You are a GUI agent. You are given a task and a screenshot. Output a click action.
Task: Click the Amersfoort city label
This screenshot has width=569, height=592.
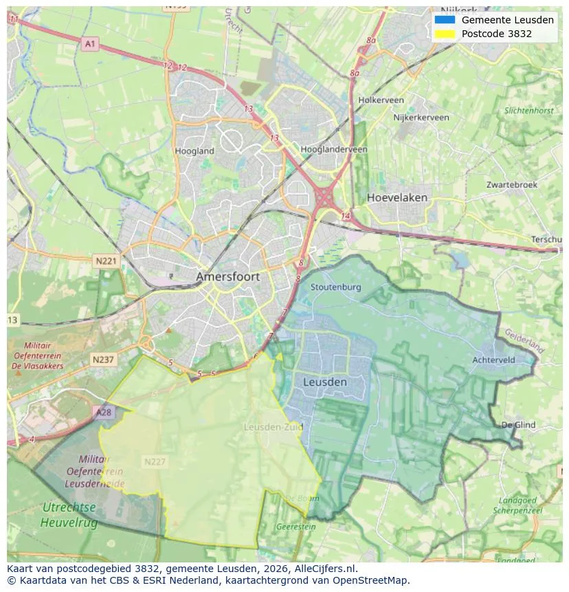point(227,276)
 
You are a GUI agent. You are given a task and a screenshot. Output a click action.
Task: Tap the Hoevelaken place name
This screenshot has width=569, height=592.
point(397,197)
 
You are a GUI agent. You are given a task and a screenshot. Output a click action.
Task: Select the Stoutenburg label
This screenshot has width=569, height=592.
point(335,287)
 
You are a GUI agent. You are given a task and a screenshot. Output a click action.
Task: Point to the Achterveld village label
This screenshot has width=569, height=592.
point(493,360)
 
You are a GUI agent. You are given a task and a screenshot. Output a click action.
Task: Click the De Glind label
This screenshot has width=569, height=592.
point(518,425)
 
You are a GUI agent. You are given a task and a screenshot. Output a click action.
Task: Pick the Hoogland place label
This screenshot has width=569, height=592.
point(194,151)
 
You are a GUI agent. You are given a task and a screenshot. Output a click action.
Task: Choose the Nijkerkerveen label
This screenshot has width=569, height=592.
point(421,118)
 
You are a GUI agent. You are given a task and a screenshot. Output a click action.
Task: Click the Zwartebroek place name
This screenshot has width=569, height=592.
point(512,185)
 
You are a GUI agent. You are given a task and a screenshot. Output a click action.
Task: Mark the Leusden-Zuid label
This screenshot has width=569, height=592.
point(273,427)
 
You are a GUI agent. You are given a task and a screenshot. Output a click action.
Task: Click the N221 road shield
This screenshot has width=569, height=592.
point(106,261)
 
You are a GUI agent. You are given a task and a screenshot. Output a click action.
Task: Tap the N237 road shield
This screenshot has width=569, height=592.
point(103,360)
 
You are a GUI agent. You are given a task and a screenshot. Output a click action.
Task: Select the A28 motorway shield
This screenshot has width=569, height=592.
point(103,412)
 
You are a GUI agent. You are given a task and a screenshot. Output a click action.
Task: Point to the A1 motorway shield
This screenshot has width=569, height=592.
point(90,44)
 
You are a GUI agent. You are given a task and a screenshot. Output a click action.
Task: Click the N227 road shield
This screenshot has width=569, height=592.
point(155,461)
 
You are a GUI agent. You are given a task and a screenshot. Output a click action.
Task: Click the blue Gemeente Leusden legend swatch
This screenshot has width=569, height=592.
point(445,20)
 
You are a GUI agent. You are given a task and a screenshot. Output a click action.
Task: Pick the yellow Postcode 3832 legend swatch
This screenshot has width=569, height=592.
point(445,34)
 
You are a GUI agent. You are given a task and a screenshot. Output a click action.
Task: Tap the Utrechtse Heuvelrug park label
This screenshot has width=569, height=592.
point(69,515)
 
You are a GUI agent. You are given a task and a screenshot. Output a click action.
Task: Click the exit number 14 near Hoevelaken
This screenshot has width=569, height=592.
point(345,217)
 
